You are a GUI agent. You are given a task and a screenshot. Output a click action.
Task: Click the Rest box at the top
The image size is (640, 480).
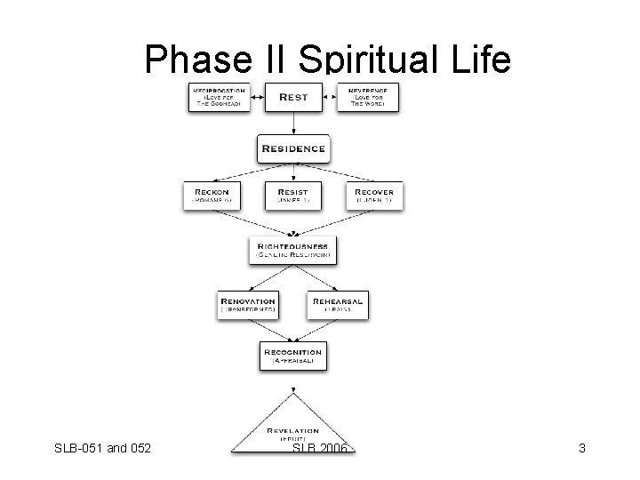[292, 97]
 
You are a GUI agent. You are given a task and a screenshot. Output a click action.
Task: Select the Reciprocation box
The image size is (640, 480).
[218, 98]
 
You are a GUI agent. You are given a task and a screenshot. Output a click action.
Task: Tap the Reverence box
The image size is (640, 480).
[367, 98]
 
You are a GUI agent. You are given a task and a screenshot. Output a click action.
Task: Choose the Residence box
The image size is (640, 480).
[292, 148]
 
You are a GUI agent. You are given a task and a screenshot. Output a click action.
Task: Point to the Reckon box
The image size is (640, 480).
[211, 196]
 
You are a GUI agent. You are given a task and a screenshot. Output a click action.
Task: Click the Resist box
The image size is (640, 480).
[292, 196]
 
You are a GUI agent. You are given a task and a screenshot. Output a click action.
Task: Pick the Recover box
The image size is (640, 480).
[374, 196]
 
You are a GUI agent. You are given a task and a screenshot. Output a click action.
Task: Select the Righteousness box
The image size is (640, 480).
[293, 249]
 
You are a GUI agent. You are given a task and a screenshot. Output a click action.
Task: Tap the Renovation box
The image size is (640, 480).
[248, 305]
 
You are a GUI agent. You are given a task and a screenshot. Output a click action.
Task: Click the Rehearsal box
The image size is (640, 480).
[337, 305]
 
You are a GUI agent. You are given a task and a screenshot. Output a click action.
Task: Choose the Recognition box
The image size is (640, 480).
[292, 356]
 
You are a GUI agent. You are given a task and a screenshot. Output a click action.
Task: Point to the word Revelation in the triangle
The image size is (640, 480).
[293, 430]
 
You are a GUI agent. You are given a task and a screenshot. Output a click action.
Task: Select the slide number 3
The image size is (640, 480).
[581, 449]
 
